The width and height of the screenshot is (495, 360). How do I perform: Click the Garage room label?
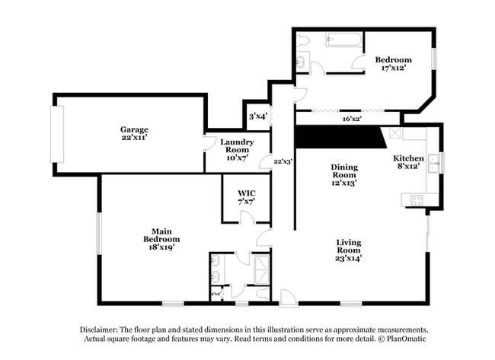[133, 134]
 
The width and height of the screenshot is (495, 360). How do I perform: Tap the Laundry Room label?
[236, 150]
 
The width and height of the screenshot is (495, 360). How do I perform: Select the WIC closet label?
[245, 196]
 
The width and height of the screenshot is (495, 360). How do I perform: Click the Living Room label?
[348, 250]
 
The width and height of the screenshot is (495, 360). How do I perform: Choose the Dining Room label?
[343, 174]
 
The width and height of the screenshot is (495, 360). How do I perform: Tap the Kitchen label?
[408, 162]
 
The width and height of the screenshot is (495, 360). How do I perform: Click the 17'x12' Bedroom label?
[394, 63]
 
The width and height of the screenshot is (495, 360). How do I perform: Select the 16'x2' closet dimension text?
[351, 118]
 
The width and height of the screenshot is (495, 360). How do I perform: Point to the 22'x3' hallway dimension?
[283, 161]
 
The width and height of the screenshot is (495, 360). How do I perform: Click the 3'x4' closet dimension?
[257, 116]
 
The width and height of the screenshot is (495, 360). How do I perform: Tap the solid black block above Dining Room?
[339, 137]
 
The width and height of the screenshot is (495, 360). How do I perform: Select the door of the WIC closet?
[247, 219]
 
